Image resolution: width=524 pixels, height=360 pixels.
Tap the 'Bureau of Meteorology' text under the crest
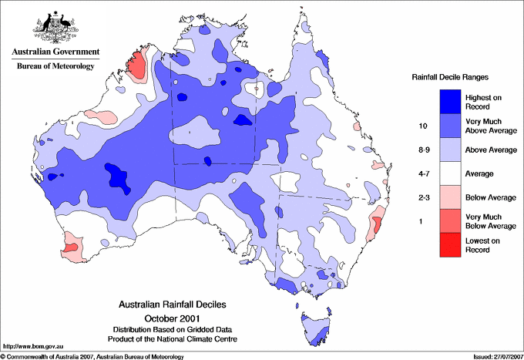[55, 66]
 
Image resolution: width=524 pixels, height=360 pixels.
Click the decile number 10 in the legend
[422, 126]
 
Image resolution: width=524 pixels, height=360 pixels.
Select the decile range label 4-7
[422, 173]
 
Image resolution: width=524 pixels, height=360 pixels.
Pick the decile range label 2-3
[422, 197]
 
